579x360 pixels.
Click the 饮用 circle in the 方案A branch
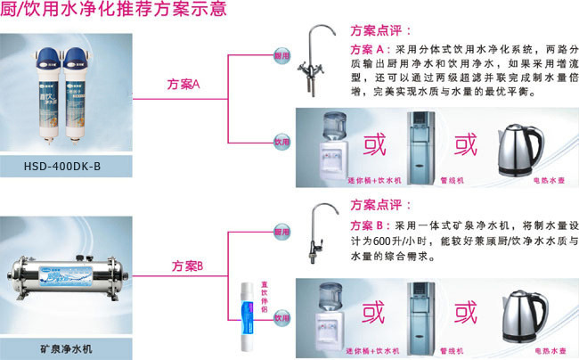(x=281, y=141)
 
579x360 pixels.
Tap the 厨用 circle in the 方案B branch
(x=281, y=231)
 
